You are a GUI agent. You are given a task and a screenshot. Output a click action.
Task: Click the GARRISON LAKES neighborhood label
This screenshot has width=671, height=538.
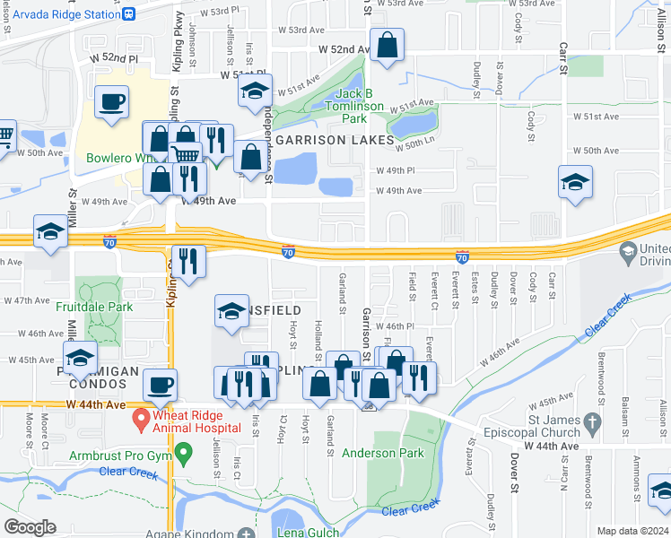tap(335, 141)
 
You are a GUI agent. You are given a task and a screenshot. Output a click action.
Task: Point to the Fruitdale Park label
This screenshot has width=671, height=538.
tap(94, 307)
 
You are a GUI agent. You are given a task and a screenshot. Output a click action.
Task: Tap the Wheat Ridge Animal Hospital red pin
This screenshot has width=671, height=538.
tap(140, 419)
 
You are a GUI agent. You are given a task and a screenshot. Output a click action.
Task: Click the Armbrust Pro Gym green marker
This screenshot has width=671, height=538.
tap(185, 454)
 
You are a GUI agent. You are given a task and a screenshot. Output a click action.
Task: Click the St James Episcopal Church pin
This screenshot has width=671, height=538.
tap(590, 421)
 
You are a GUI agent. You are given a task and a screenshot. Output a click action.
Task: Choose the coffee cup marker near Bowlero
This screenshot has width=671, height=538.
tap(111, 101)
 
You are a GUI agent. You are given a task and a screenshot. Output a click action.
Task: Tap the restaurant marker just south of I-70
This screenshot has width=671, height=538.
tap(188, 261)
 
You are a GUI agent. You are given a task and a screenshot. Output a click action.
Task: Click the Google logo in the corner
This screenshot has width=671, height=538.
tap(30, 527)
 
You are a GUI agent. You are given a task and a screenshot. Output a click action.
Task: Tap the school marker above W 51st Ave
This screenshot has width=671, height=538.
tap(255, 91)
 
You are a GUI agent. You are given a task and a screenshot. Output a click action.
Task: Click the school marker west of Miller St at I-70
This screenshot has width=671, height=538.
tap(50, 231)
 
